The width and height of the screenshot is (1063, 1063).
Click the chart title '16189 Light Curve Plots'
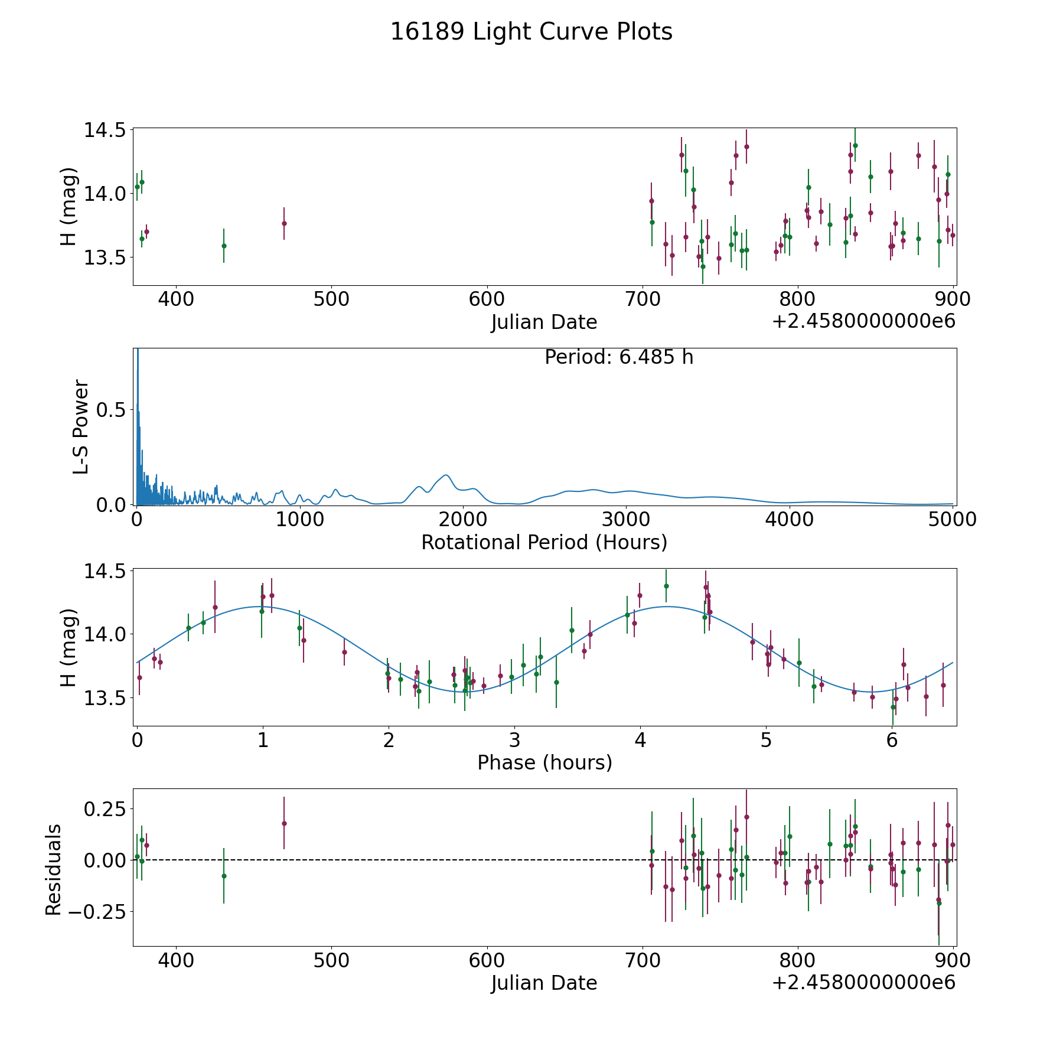531,32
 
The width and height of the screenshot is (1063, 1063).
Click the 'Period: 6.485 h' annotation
619,357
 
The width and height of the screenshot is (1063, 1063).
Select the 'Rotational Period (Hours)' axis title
544,542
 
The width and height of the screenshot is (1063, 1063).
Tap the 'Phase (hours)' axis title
544,762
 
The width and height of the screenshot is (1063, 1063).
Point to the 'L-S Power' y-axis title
81,426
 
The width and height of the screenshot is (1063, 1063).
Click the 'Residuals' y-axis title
53,870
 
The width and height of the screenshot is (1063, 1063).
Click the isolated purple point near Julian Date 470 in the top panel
284,223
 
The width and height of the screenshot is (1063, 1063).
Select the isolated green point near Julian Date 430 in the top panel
224,246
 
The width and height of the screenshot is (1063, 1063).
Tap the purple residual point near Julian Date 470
284,823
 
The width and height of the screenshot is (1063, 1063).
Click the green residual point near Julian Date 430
224,876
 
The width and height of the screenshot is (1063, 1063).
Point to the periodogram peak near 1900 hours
446,475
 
